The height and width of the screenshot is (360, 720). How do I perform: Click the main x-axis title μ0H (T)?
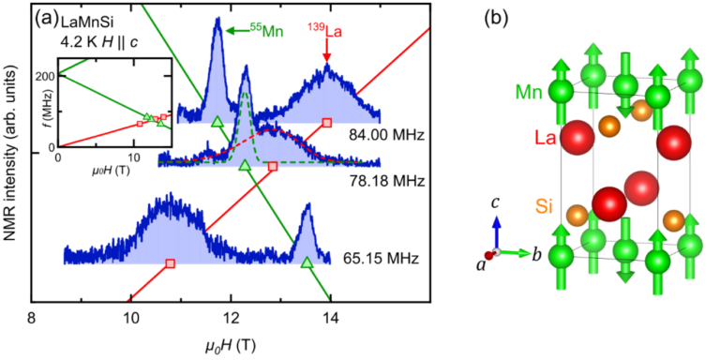(x=231, y=343)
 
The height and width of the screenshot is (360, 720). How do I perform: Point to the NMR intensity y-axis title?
(x=13, y=169)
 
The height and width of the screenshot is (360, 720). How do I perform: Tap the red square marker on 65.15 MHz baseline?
(x=170, y=263)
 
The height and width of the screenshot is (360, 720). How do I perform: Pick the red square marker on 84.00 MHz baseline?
(x=326, y=123)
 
